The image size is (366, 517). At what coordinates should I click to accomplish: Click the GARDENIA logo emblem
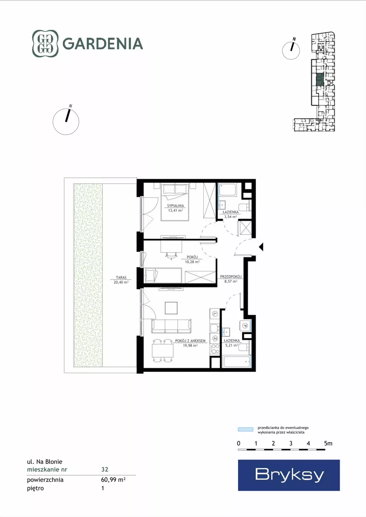coord(45,43)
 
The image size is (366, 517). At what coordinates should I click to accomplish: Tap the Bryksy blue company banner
coord(289,475)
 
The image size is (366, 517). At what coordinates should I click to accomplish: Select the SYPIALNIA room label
coord(176,206)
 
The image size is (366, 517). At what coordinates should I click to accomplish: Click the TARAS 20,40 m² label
coord(121,280)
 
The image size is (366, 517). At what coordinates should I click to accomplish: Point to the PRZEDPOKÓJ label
coord(231,277)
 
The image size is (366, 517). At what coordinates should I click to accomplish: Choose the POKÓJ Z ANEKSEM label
coord(190,341)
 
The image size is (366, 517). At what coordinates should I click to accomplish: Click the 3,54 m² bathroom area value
coord(231,217)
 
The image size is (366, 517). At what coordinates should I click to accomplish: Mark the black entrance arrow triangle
coord(261,247)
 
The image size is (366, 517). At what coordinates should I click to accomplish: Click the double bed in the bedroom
coord(175,202)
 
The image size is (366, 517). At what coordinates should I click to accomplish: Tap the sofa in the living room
coord(171,326)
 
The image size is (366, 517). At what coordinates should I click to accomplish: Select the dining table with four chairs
coord(163,351)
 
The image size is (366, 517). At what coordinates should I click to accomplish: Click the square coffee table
coord(171,308)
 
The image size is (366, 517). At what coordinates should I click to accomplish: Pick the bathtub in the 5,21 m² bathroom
coord(237,362)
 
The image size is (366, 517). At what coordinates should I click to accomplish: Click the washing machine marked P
coord(245,326)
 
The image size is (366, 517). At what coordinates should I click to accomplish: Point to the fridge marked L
coord(215,314)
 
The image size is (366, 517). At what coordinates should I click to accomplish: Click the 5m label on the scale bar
coord(328,444)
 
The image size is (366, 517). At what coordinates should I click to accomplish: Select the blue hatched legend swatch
coord(246,429)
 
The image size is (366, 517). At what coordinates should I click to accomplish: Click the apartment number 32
coord(105,469)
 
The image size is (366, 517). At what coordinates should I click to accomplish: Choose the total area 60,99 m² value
coord(113,480)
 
